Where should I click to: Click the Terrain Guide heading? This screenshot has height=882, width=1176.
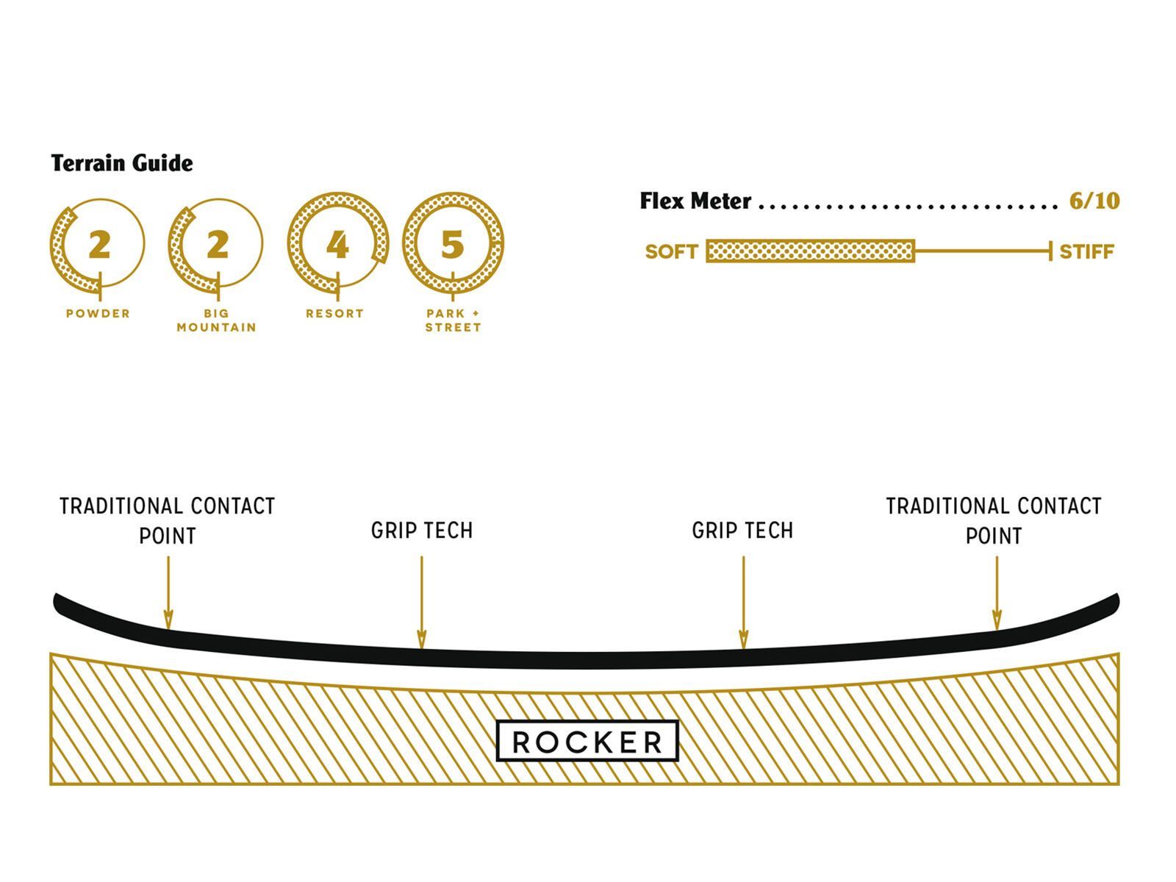[x=122, y=163]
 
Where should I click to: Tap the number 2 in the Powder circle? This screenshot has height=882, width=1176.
[x=99, y=245]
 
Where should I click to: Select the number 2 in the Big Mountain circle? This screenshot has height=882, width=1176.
[x=217, y=245]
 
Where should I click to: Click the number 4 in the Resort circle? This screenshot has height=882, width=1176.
[x=337, y=245]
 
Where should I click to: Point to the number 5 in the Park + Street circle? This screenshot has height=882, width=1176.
[x=453, y=245]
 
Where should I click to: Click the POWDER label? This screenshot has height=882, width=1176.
[x=98, y=313]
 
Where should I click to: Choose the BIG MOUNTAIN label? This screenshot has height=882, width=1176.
[x=217, y=320]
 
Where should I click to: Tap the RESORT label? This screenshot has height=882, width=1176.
[x=335, y=313]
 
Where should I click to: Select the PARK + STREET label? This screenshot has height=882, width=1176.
[x=453, y=320]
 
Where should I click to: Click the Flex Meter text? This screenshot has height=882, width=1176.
[x=695, y=201]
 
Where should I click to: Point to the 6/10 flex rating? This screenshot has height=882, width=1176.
[x=1094, y=201]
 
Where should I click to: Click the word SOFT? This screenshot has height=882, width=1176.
[x=671, y=252]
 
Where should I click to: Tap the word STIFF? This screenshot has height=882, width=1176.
[x=1086, y=252]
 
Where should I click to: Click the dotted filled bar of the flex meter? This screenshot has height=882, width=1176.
[x=810, y=251]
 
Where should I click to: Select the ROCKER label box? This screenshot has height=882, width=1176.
[x=587, y=741]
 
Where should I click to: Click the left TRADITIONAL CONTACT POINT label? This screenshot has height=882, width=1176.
[x=168, y=520]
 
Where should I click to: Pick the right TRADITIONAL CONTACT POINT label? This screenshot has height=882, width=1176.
[x=994, y=520]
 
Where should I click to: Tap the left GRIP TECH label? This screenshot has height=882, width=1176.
[x=422, y=531]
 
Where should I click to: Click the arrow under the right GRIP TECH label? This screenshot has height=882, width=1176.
[x=743, y=603]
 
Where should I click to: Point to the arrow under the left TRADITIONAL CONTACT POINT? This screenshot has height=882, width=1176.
[x=168, y=592]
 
